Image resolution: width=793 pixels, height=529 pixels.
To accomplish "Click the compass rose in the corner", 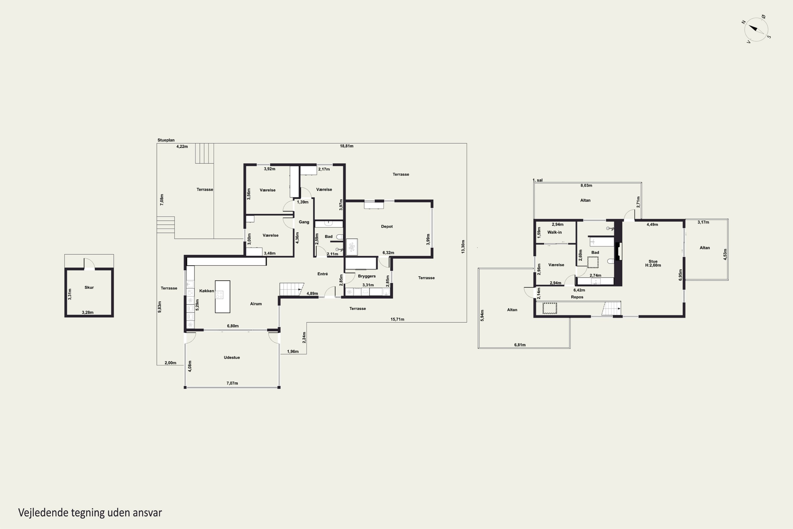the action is [x=756, y=29].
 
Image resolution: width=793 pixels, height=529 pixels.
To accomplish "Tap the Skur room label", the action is [x=89, y=288].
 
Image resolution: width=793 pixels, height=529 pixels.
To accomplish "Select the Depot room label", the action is [x=387, y=226].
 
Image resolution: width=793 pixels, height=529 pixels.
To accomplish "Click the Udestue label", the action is [x=232, y=357].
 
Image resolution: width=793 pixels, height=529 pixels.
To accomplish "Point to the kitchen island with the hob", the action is [x=223, y=297].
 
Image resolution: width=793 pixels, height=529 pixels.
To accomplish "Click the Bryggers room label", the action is [x=367, y=276].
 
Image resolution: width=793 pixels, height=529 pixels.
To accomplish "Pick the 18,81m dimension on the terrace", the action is [x=347, y=146].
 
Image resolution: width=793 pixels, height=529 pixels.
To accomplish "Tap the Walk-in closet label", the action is [x=555, y=232].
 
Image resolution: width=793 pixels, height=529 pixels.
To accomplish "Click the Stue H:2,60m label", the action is [x=653, y=263].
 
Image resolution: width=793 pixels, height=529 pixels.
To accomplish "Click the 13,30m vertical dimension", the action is [x=463, y=247].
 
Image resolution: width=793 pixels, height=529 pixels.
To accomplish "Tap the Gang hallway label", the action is [x=304, y=222].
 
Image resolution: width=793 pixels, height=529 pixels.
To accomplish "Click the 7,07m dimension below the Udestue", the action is [x=232, y=383].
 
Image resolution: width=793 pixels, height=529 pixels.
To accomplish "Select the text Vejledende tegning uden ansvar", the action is [x=90, y=513].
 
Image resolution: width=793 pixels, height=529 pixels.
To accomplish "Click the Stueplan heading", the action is [x=166, y=140].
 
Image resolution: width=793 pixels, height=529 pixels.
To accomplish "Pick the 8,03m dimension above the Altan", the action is [x=586, y=185].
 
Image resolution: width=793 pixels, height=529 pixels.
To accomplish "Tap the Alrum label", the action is [x=256, y=304].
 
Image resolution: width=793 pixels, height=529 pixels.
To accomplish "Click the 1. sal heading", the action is [x=537, y=180].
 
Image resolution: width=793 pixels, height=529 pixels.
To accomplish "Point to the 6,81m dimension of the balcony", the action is [x=520, y=345].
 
